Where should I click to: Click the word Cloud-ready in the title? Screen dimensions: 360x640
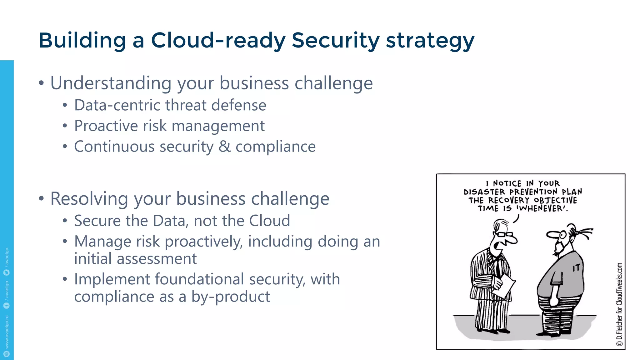218,41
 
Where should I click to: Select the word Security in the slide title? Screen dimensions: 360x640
335,41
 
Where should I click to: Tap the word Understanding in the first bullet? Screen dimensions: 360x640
111,83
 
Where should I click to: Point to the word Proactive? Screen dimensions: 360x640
106,126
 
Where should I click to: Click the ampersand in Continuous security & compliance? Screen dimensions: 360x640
224,147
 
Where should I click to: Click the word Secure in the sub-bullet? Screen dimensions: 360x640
97,221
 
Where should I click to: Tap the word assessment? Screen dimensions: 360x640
157,259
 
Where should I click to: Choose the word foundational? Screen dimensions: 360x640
199,279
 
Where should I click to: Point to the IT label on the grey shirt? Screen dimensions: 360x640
576,268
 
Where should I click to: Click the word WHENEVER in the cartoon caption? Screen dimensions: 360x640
542,208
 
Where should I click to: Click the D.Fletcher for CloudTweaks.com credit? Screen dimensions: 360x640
619,305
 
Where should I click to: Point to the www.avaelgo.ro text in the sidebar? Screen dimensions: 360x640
7,332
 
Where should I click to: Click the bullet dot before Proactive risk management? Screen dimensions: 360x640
65,126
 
